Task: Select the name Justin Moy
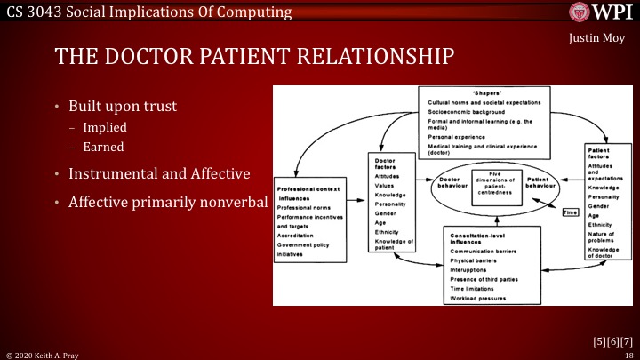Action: coord(596,40)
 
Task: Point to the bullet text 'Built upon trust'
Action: coord(124,106)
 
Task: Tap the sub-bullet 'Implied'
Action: coord(105,127)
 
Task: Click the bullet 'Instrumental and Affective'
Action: coord(155,172)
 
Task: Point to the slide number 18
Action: coord(628,354)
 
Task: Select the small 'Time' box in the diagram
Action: coord(571,212)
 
